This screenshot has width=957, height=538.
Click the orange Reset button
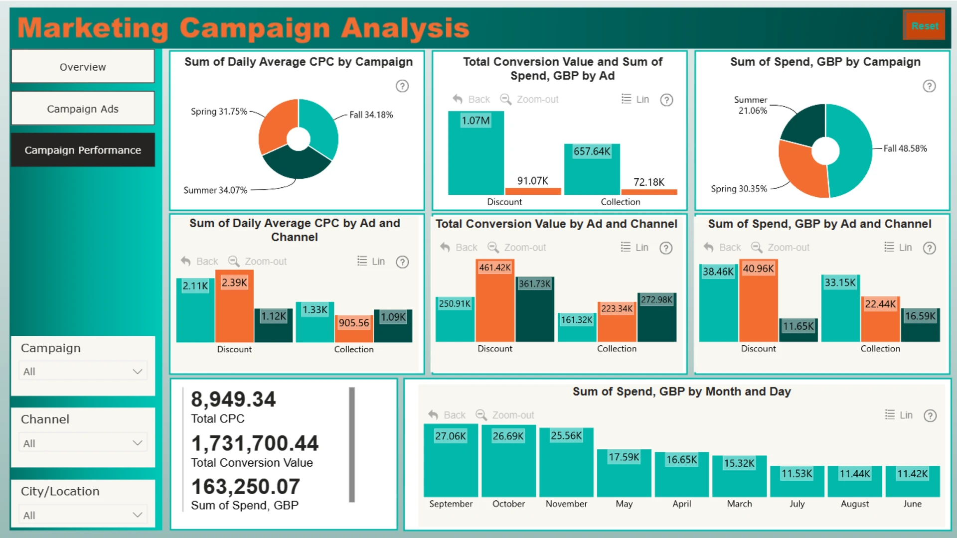point(924,26)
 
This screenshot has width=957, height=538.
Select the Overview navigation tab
point(83,67)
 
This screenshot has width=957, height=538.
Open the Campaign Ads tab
point(83,109)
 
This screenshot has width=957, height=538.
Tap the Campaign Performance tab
point(83,150)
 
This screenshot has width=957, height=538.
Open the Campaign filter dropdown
point(83,372)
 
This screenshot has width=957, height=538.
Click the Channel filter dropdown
point(83,443)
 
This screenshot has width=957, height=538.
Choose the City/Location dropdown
point(83,515)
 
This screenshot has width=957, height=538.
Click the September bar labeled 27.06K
point(451,463)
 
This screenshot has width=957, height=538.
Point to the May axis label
point(624,504)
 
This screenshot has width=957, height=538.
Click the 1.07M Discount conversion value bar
point(476,154)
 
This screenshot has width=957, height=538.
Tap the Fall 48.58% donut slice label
point(905,148)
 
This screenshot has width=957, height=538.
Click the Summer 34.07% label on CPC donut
point(215,190)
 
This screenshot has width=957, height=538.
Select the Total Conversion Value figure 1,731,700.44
point(255,443)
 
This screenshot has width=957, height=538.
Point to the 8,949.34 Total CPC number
point(233,400)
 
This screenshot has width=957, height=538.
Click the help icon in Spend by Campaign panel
point(929,86)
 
